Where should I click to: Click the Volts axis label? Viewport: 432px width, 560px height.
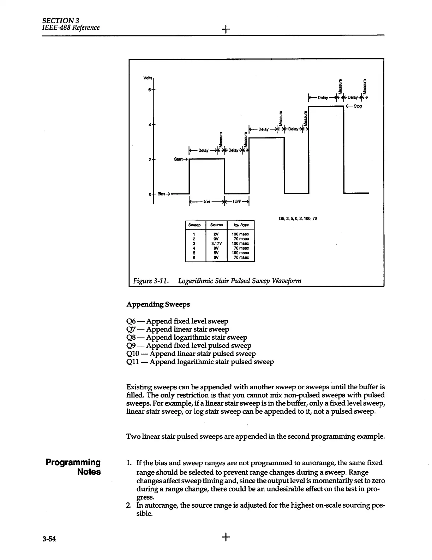point(148,78)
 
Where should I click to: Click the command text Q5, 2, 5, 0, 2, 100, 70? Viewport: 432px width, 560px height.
point(298,218)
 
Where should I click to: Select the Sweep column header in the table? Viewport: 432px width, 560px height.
point(194,225)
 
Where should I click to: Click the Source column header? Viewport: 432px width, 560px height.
point(216,225)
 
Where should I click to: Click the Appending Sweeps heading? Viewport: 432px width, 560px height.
point(158,304)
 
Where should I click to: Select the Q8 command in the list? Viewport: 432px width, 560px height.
point(131,338)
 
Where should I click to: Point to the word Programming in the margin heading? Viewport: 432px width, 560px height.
point(73,462)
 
